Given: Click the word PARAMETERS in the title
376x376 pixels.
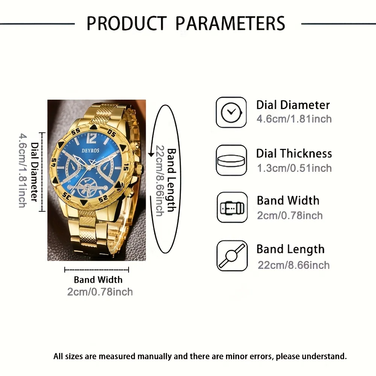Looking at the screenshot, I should (230, 23).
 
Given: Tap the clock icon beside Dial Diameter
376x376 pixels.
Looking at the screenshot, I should (231, 112).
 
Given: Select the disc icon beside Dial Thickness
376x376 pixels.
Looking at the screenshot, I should (231, 160).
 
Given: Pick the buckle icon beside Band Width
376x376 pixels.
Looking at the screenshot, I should (232, 208).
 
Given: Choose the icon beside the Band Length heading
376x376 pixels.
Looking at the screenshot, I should (232, 256).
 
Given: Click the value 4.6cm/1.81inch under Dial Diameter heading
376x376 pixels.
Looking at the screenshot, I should (294, 119).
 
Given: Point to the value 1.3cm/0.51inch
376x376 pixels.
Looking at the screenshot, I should (294, 168).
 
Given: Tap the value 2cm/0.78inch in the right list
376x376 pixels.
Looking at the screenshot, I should (290, 215).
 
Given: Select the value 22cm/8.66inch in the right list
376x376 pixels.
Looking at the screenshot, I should (293, 265).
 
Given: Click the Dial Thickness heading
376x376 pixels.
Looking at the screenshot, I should (294, 153).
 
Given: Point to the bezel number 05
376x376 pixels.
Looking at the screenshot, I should (111, 132).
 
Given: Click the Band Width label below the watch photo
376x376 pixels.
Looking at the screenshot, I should (98, 280).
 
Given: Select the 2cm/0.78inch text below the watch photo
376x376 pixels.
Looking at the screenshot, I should (100, 291).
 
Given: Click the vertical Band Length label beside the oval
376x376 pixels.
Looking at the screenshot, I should (172, 180).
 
